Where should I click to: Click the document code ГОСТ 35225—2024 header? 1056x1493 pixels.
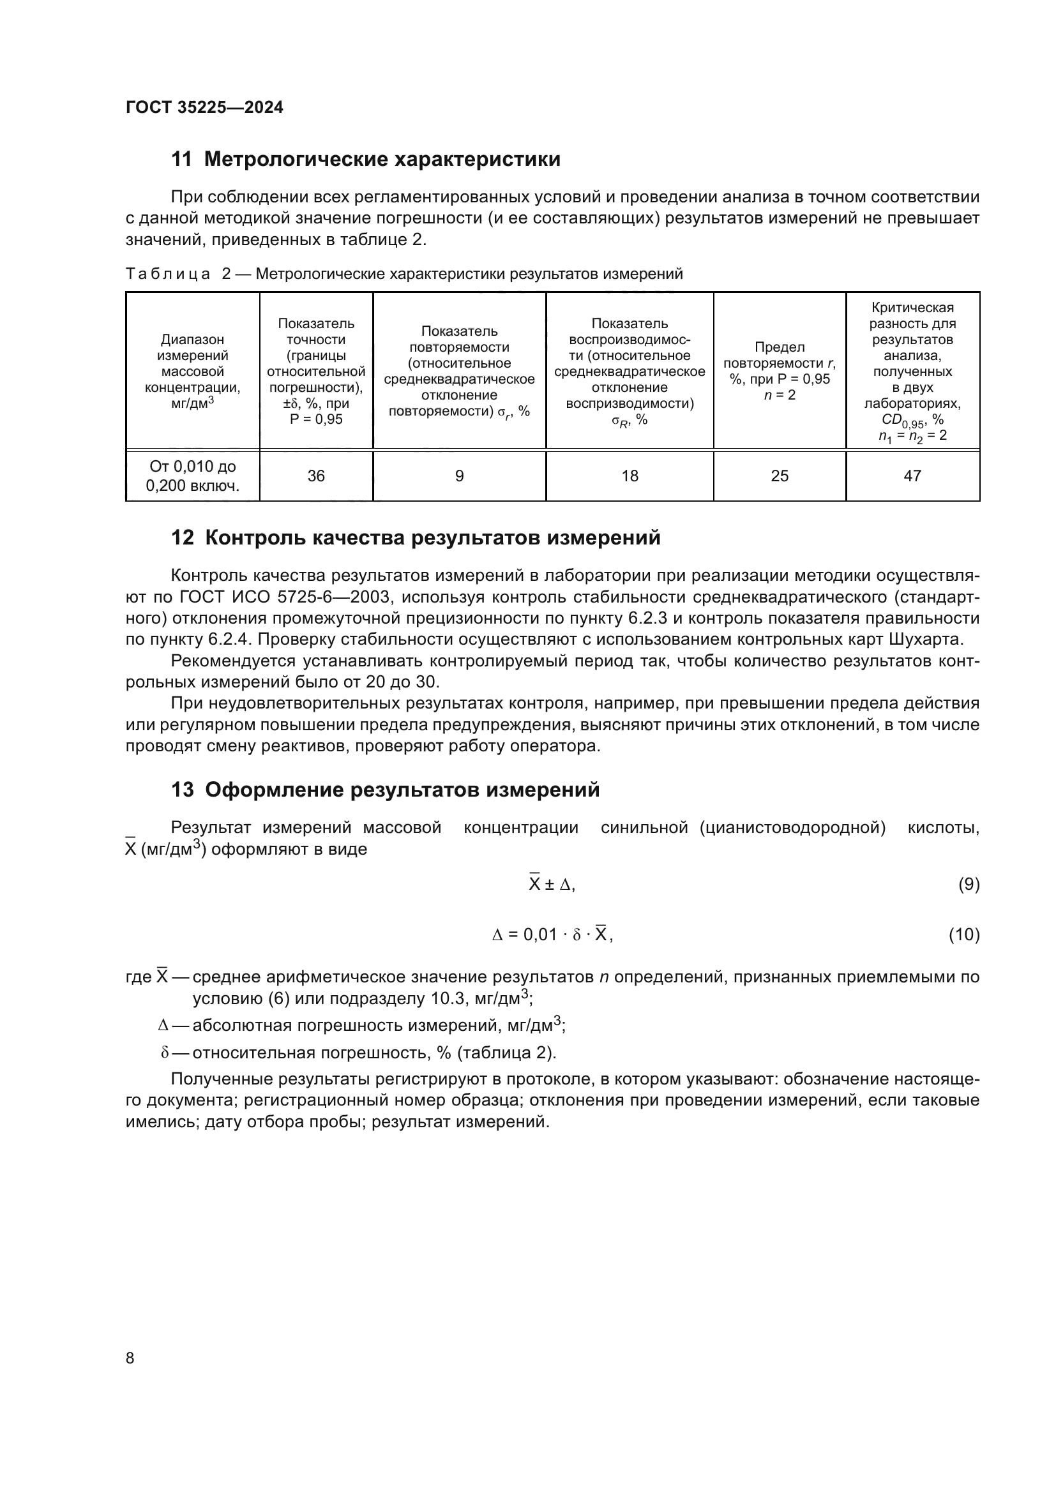click(x=204, y=107)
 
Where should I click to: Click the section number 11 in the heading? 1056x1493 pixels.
click(x=181, y=160)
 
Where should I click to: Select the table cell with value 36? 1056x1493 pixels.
click(x=316, y=476)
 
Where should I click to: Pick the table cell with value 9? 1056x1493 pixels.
click(x=459, y=476)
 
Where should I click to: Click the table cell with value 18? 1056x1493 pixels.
click(x=630, y=476)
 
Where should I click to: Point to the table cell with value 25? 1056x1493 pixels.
click(x=779, y=476)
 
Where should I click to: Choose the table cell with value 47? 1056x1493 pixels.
click(x=912, y=476)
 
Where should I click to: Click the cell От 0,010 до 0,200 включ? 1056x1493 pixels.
click(x=192, y=476)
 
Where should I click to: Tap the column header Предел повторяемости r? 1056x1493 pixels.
click(x=779, y=371)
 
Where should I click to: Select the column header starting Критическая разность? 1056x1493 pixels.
click(x=912, y=371)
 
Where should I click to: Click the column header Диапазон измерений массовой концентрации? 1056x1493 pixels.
click(x=192, y=371)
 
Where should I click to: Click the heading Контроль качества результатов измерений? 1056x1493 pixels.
click(x=432, y=537)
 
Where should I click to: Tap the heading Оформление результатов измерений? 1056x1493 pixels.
click(x=402, y=790)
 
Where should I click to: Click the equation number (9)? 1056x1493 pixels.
click(x=969, y=884)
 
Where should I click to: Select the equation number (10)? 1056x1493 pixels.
click(x=963, y=934)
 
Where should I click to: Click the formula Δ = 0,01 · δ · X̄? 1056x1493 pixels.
click(x=552, y=934)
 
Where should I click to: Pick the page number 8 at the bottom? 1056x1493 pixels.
click(x=130, y=1358)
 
